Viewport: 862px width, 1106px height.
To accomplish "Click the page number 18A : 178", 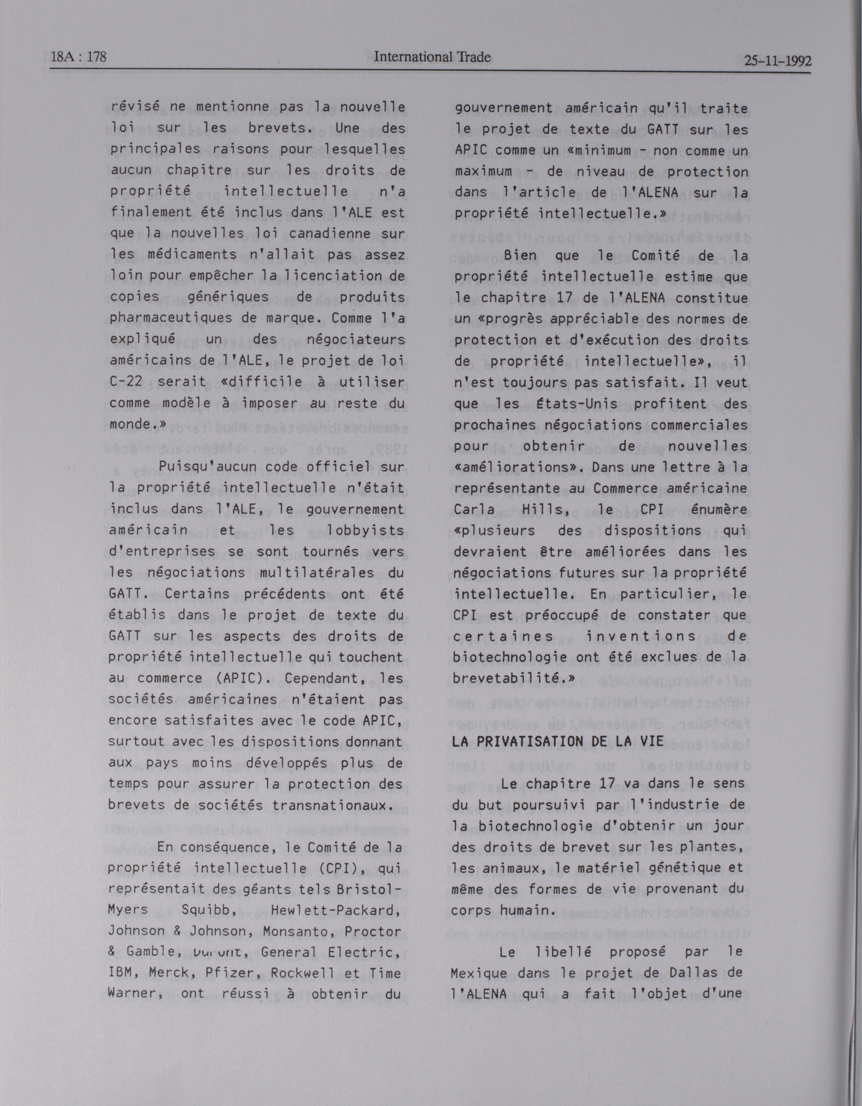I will pyautogui.click(x=79, y=57).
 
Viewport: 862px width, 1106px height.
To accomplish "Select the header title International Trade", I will pyautogui.click(x=432, y=57).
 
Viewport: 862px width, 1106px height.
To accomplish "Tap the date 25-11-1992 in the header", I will pyautogui.click(x=777, y=61).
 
